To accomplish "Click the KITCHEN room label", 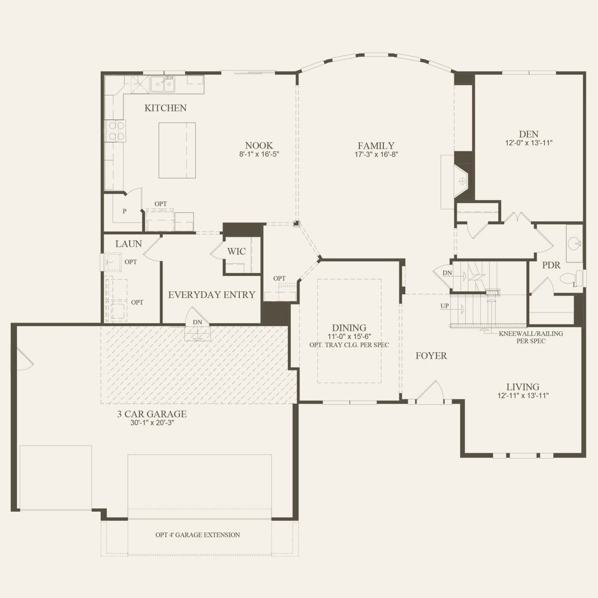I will [165, 108].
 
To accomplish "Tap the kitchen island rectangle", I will [177, 150].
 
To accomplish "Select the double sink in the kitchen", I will [163, 85].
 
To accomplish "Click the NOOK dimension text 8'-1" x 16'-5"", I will [259, 154].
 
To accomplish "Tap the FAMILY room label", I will [376, 146].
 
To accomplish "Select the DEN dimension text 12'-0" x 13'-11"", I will [529, 143].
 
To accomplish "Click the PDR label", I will [551, 265].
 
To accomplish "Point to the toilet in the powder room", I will [570, 278].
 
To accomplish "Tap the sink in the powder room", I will [574, 243].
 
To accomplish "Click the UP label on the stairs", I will [445, 306].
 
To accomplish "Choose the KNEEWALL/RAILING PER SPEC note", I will [530, 337].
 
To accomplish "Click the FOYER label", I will [431, 356].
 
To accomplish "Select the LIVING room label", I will [523, 387].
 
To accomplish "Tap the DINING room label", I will [349, 328].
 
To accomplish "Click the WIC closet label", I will [236, 251].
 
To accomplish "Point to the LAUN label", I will [128, 244].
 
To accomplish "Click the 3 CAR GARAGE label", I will [151, 414].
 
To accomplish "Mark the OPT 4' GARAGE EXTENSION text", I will [197, 535].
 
